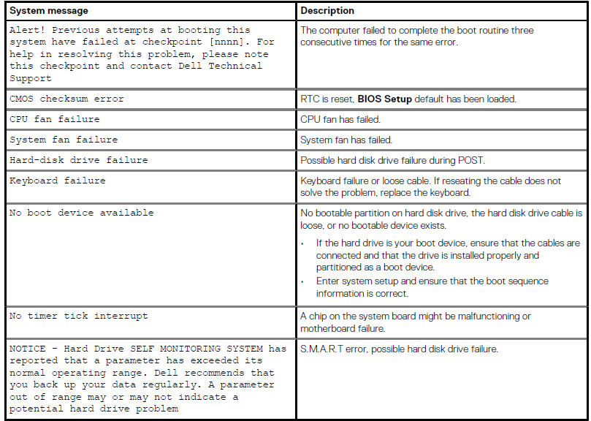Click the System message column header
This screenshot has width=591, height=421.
(x=48, y=11)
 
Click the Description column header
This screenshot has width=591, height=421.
(x=327, y=11)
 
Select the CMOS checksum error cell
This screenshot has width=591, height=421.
(x=66, y=99)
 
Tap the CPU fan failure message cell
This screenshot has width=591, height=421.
(x=55, y=119)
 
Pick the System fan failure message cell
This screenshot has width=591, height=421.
(x=64, y=140)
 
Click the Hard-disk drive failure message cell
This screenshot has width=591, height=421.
(x=79, y=160)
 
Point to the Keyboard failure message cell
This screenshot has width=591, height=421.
(x=58, y=181)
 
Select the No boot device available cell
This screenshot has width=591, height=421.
(x=82, y=213)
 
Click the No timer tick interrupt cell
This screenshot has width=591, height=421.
(x=79, y=316)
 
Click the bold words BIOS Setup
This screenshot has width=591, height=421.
(x=384, y=99)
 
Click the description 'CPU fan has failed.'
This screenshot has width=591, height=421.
(x=340, y=119)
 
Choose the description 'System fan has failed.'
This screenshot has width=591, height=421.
(x=346, y=140)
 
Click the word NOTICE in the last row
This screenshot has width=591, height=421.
(x=27, y=349)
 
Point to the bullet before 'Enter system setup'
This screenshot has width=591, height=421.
(x=304, y=281)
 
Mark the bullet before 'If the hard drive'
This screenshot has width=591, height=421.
(x=304, y=243)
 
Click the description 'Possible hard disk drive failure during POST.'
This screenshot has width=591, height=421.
(x=392, y=160)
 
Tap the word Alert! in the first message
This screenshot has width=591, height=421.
(x=27, y=31)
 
